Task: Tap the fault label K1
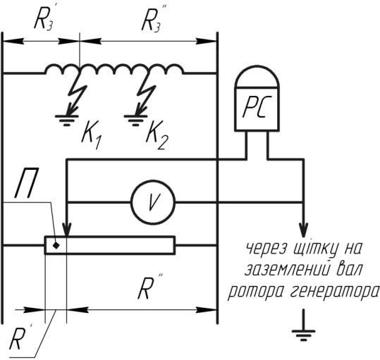click(x=92, y=135)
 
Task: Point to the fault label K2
click(x=157, y=135)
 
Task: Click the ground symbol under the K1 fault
click(x=67, y=120)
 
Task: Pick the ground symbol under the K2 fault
click(x=135, y=120)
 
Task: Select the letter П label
click(x=27, y=182)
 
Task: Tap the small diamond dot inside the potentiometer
click(x=56, y=245)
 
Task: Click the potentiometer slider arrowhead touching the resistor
click(x=66, y=229)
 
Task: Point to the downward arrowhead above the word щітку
click(x=303, y=230)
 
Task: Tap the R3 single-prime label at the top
click(x=44, y=19)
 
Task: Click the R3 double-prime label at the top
click(x=153, y=19)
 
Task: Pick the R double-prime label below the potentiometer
click(x=149, y=287)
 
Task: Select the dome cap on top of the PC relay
click(x=257, y=76)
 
